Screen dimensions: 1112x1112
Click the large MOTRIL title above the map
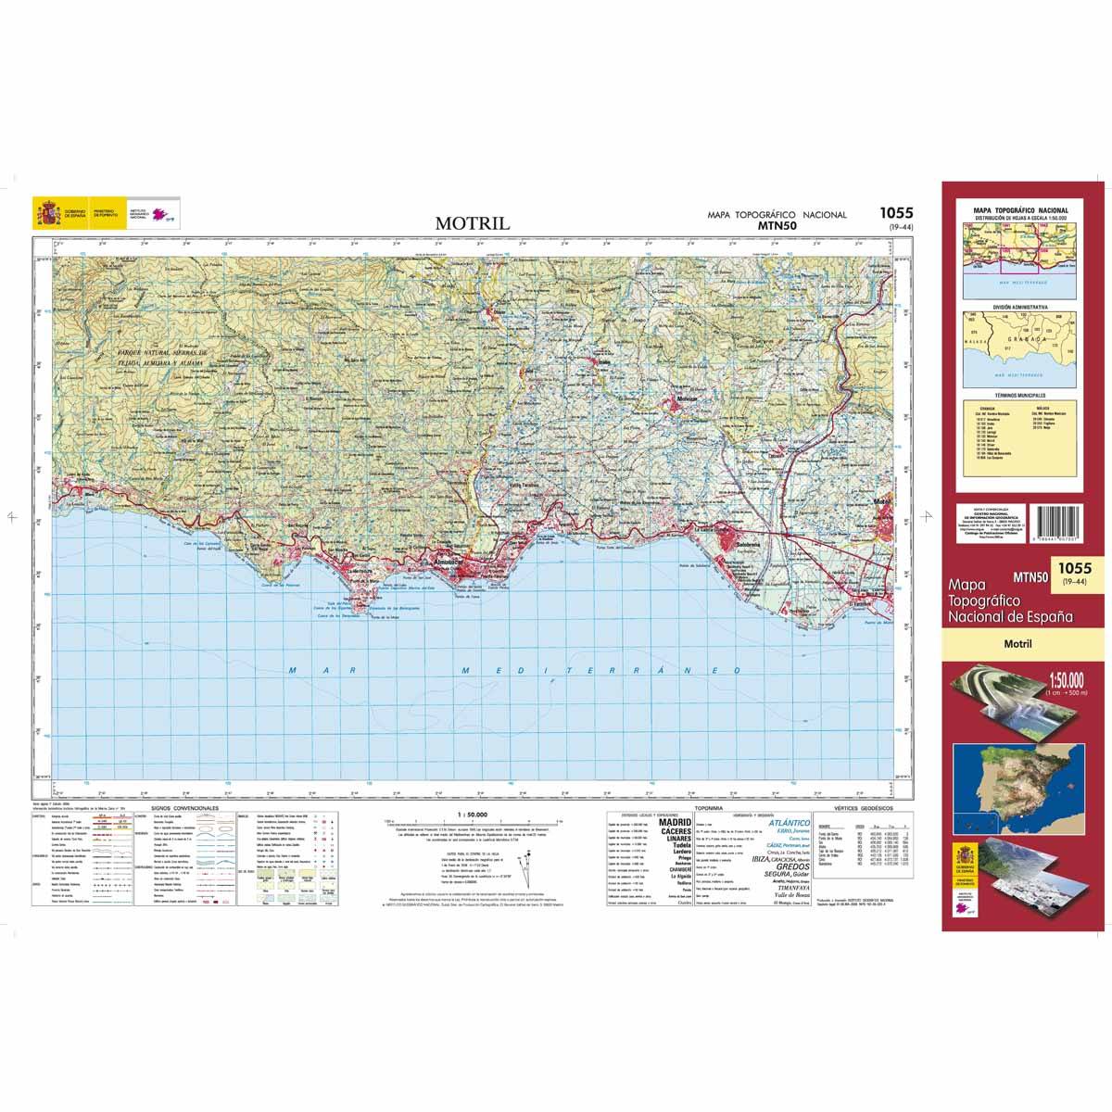pos(473,222)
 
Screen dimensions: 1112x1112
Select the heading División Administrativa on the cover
pos(1017,306)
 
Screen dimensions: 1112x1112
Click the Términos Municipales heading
pos(1017,395)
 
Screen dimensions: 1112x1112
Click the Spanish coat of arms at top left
pos(45,212)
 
